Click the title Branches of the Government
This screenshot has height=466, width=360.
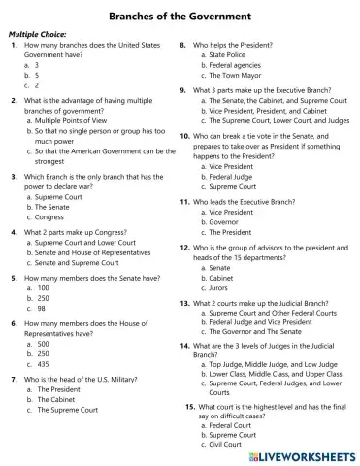pyautogui.click(x=179, y=17)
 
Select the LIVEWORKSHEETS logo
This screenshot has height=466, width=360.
pyautogui.click(x=302, y=455)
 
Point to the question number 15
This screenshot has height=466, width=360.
pyautogui.click(x=190, y=405)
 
